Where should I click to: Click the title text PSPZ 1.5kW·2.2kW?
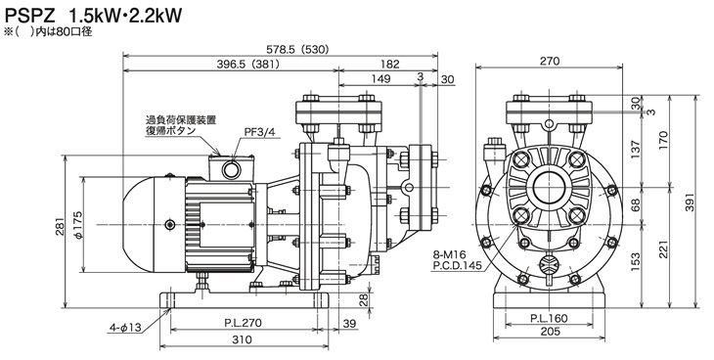93,17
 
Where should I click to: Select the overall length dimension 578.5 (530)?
297,50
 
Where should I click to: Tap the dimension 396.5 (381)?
247,65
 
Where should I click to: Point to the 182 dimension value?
390,65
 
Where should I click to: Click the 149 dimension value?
380,79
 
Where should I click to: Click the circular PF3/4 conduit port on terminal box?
231,170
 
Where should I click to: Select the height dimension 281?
61,227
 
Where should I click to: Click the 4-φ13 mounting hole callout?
125,327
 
